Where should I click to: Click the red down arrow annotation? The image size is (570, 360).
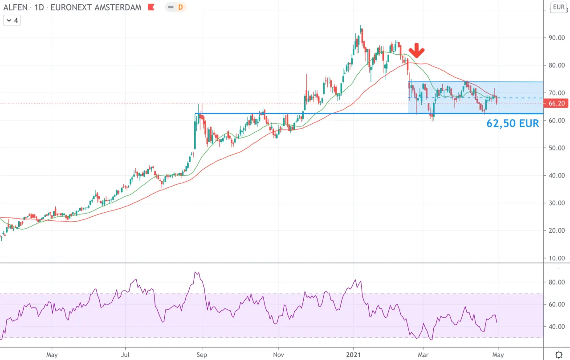416,50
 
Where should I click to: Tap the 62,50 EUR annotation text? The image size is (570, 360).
513,124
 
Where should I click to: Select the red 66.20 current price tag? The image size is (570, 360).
556,103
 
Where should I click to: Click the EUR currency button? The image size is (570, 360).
558,7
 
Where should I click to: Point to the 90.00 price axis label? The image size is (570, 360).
557,38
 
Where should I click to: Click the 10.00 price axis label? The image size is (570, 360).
557,258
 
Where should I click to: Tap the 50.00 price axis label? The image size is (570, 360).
557,148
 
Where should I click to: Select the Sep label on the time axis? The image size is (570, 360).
202,355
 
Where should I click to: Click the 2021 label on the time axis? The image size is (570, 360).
354,355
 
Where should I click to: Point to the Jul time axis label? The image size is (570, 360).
125,355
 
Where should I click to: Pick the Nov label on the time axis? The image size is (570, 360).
278,355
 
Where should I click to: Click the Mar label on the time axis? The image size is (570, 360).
423,355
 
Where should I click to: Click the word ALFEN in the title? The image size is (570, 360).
15,8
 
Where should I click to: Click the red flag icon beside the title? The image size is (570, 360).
151,7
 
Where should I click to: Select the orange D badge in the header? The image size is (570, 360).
180,7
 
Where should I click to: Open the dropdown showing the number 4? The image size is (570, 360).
12,20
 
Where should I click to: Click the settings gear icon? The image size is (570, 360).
559,354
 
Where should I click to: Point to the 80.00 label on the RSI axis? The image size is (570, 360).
557,282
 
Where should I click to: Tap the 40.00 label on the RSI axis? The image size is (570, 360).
557,327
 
